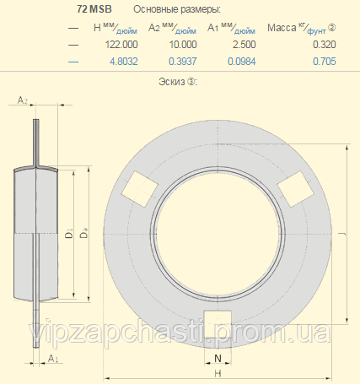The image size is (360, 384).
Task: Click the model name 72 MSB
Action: pos(94,9)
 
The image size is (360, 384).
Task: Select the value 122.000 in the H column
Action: pos(121,45)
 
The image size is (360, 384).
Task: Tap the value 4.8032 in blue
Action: pos(124,62)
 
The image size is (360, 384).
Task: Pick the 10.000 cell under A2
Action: pos(183,45)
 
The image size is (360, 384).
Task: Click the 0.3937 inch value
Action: pos(183,62)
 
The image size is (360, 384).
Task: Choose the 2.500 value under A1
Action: pos(244,45)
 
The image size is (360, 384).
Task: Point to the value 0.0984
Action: pos(242,62)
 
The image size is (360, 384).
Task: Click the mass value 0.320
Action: pos(325,45)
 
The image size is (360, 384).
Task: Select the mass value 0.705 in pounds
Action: pos(325,62)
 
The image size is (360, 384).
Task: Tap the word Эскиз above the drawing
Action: pos(172,82)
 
